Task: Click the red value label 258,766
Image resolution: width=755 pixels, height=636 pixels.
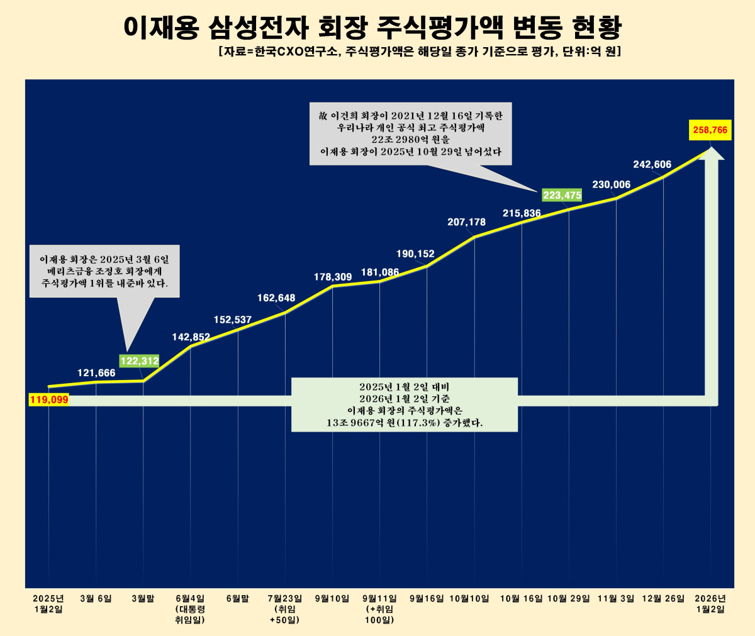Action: (x=710, y=130)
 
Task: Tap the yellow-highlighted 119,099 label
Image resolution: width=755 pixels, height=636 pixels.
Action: (x=48, y=399)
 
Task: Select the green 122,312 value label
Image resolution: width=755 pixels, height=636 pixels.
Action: (x=139, y=361)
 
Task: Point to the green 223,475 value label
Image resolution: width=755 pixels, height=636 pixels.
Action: (x=562, y=196)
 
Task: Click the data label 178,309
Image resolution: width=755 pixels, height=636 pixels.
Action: (x=333, y=277)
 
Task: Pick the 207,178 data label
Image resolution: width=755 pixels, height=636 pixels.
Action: (x=466, y=222)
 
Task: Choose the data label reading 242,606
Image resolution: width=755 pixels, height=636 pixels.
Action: (x=652, y=165)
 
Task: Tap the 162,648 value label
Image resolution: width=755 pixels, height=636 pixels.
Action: (x=276, y=298)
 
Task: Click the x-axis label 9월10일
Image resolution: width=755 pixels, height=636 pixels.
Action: (x=332, y=599)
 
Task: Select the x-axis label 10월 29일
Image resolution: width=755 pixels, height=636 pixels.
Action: (x=569, y=599)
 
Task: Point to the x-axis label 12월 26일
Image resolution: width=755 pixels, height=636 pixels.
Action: (x=663, y=599)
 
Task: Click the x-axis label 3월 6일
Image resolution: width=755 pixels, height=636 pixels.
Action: (x=96, y=599)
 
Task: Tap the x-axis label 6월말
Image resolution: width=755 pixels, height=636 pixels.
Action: (x=238, y=599)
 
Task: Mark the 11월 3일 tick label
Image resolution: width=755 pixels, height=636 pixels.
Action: (x=616, y=599)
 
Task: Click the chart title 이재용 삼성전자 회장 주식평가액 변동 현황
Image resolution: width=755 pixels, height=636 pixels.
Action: (x=372, y=26)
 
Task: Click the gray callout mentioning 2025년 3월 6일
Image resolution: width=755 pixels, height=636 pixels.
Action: (x=104, y=271)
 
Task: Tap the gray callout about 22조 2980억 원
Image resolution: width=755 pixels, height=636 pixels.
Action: (x=410, y=133)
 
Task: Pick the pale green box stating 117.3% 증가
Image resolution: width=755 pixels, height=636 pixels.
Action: (x=405, y=404)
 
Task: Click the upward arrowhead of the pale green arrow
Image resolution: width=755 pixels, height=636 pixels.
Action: (x=711, y=155)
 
